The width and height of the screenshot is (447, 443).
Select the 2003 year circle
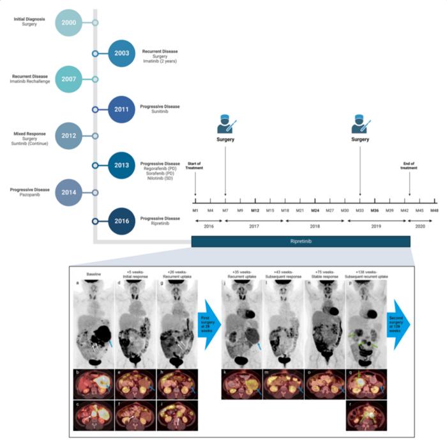(122, 53)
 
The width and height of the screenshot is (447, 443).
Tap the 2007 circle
(69, 79)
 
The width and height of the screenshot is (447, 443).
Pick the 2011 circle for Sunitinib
(122, 109)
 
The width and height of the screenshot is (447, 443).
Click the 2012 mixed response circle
(69, 136)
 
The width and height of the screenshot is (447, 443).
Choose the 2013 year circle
(122, 165)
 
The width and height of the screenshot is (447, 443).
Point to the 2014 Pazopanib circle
(69, 192)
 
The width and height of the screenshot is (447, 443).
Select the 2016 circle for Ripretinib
(122, 221)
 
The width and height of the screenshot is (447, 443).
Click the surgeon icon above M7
(225, 123)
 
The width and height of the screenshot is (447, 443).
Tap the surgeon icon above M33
(360, 123)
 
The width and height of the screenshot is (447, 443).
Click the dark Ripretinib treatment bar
(301, 241)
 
